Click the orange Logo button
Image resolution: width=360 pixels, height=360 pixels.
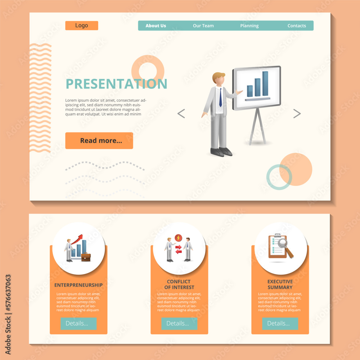pos(82,26)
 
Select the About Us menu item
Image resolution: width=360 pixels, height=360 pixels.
pos(156,26)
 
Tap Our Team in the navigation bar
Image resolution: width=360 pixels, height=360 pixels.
pos(203,26)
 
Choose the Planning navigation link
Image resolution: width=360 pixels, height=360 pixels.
pos(249,26)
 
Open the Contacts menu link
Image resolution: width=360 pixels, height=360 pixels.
pos(297,26)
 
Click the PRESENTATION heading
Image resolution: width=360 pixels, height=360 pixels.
pos(116,84)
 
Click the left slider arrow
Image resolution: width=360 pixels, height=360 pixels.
pos(181,114)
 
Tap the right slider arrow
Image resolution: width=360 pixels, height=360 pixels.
pos(297,114)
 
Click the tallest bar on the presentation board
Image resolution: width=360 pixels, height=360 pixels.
pos(265,84)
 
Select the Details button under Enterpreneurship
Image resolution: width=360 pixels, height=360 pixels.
pos(78,323)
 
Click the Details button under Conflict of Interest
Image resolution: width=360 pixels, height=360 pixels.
pos(179,323)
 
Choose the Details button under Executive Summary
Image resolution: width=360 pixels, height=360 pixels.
pos(280,323)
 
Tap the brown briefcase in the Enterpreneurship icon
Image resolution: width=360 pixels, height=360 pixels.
pos(86,257)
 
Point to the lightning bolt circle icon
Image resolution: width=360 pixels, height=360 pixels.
pos(178,238)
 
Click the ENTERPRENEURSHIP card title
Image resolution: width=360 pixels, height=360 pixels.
pos(78,285)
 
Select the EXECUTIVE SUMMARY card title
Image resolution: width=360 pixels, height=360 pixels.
pos(280,284)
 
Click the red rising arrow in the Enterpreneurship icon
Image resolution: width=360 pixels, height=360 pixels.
pos(77,239)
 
